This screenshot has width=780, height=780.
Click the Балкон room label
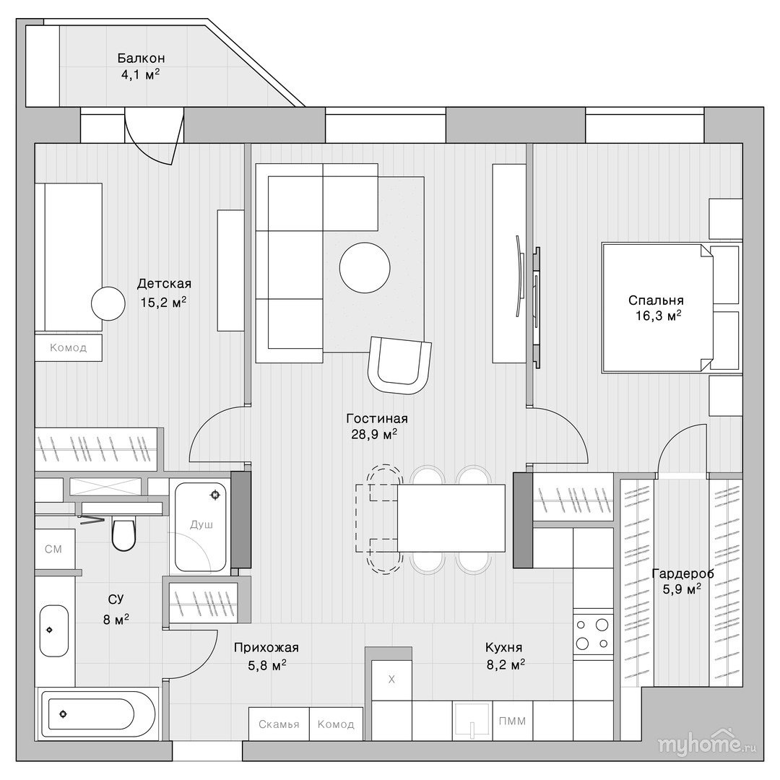point(142,58)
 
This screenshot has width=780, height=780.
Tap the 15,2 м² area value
point(164,302)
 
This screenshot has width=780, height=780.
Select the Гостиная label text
point(377,418)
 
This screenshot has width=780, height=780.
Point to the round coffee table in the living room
point(365,267)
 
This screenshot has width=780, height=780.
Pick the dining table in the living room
point(451,518)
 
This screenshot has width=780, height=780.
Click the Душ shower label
point(201,524)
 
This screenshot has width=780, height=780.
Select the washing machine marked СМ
point(55,549)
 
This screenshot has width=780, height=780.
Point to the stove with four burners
point(592,634)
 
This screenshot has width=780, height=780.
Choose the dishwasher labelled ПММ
point(513,721)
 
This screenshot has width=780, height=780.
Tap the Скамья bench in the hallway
point(279,724)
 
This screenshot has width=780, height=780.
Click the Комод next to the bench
point(337,724)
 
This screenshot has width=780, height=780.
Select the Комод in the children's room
point(69,347)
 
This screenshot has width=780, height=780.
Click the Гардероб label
point(682,573)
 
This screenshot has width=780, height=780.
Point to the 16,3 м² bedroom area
point(658,316)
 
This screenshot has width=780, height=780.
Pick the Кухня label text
point(504,647)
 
